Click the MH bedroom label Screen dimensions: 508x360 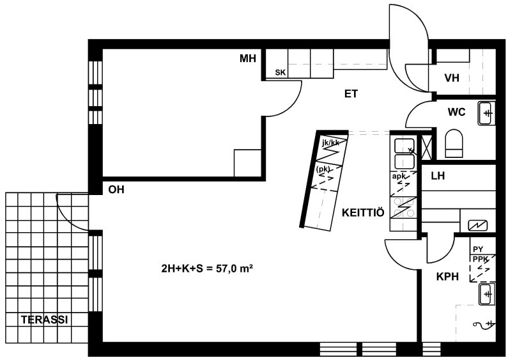pos(248,58)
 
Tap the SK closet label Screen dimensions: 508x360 pos(281,73)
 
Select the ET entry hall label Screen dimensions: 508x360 pos(351,94)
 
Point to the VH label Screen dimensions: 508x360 pos(452,78)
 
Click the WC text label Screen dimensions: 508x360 pos(456,112)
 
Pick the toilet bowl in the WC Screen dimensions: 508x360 pos(454,143)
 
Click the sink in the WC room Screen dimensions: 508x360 pos(487,113)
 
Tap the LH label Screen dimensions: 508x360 pos(438,176)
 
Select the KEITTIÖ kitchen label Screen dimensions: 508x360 pos(363,213)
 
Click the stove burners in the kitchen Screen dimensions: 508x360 pos(403,208)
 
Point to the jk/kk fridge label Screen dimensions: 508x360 pos(331,143)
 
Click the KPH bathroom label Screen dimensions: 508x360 pos(447,277)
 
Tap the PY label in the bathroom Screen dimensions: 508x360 pos(478,249)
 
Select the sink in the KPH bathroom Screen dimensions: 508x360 pos(487,294)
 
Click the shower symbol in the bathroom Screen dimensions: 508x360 pos(484,324)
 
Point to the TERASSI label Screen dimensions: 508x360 pos(45,320)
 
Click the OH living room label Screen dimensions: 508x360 pos(116,189)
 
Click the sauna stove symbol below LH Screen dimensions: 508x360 pos(477,225)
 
